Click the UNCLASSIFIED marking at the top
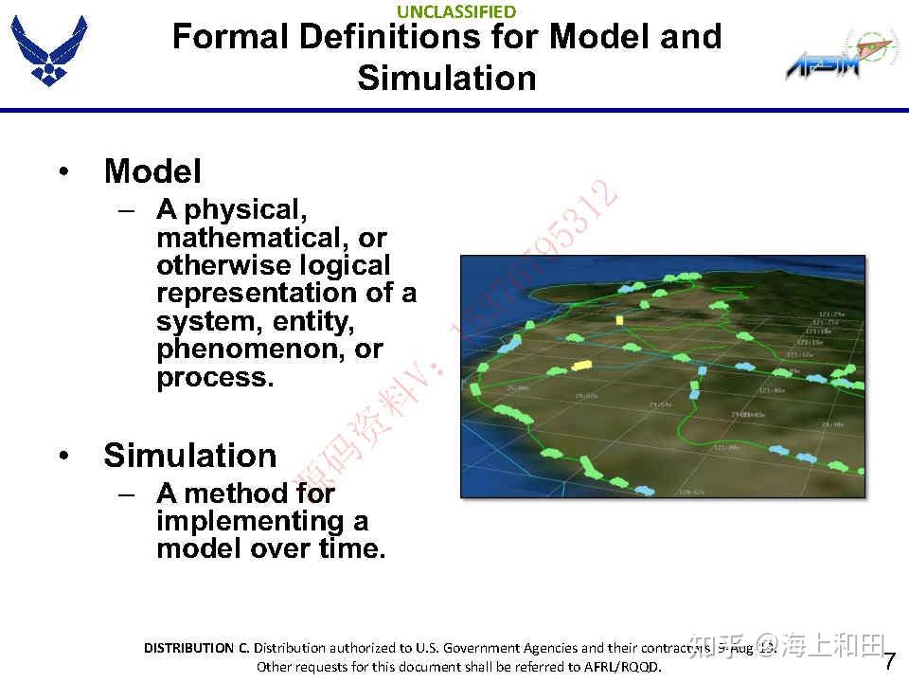456,11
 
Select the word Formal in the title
230,37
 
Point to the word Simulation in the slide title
447,78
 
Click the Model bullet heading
152,171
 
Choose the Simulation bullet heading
189,456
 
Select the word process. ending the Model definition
215,377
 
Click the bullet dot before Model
63,171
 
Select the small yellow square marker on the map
619,320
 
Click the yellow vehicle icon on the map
581,365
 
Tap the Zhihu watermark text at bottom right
787,646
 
